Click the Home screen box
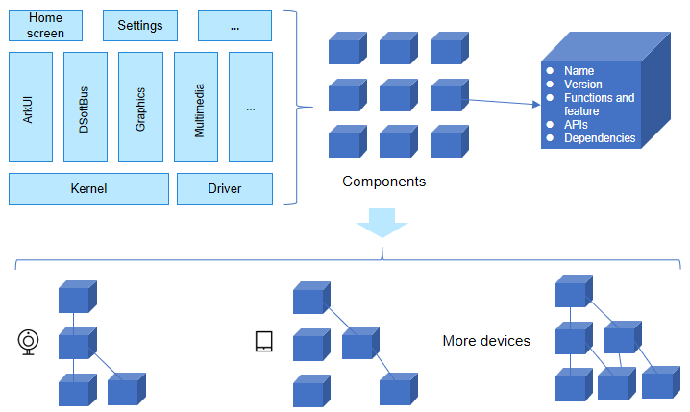pos(45,26)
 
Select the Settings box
pos(140,26)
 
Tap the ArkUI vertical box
pos(31,107)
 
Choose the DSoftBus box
pos(86,107)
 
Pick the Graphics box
pos(140,107)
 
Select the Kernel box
pos(88,188)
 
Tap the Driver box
pos(225,188)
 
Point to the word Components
pos(383,181)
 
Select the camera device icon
pos(30,341)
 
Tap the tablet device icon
pos(264,341)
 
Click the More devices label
pos(486,341)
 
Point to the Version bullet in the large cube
pos(583,85)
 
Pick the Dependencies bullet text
pos(600,138)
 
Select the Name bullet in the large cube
pos(579,71)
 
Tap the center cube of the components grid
pos(398,95)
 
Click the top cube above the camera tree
pos(77,297)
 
